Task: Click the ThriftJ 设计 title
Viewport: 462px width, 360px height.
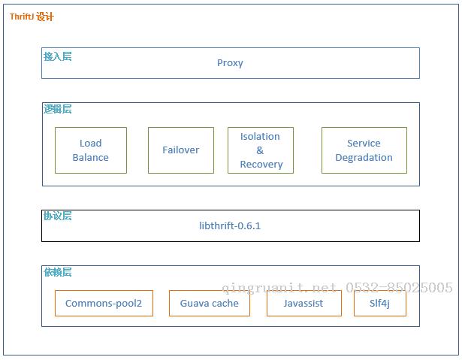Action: [32, 17]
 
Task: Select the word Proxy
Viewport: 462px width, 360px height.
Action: [230, 63]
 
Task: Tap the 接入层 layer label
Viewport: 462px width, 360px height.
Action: [58, 56]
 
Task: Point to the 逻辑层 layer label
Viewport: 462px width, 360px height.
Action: [58, 109]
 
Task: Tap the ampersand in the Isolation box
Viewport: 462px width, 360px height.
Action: [260, 150]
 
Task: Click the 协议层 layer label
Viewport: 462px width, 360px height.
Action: [58, 216]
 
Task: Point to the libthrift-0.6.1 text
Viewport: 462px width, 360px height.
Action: [230, 226]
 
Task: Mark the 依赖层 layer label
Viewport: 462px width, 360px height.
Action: [58, 272]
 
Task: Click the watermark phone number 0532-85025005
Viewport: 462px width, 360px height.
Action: [399, 287]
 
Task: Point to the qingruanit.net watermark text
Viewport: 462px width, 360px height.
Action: [279, 288]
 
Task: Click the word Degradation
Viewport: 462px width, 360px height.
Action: [364, 158]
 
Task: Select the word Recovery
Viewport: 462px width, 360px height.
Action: [261, 165]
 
